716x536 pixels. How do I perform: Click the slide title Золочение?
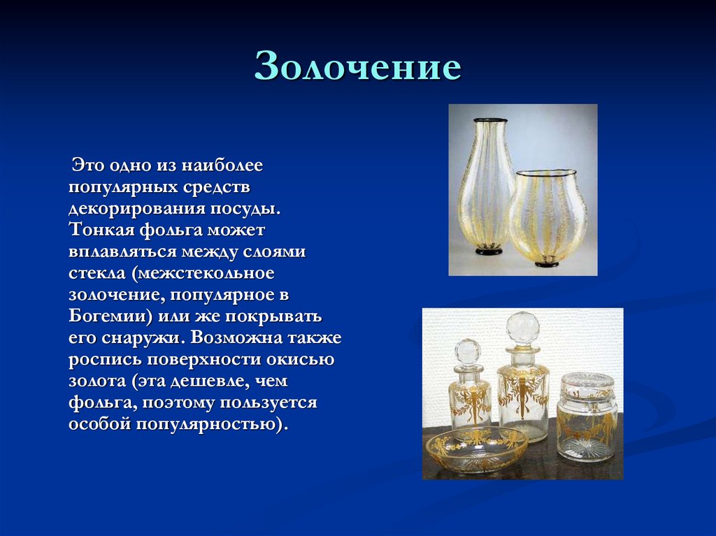pyautogui.click(x=357, y=68)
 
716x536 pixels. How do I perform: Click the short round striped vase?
pyautogui.click(x=547, y=217)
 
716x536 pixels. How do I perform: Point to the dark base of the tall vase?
pyautogui.click(x=489, y=250)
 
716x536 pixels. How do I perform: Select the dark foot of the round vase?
pyautogui.click(x=547, y=263)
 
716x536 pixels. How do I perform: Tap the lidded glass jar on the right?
pyautogui.click(x=587, y=419)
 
